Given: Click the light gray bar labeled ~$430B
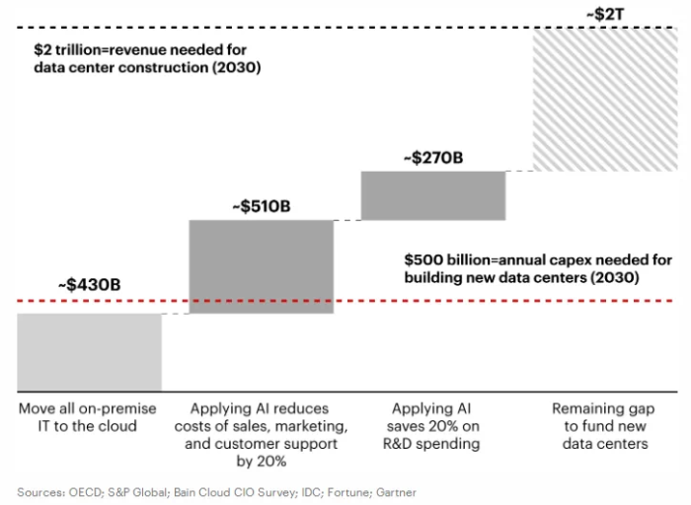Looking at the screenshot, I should [90, 351].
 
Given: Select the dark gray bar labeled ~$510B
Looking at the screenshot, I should [261, 266].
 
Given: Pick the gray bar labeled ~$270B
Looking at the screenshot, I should [433, 195].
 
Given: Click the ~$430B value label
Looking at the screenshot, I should [90, 284].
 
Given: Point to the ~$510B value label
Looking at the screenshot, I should [261, 207].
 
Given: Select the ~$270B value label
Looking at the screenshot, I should [433, 157].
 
